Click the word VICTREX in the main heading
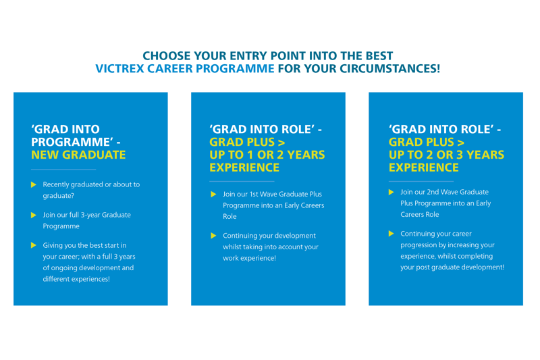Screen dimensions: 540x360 click(119, 68)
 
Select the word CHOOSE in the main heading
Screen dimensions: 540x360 click(167, 56)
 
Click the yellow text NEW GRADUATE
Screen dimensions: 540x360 click(78, 155)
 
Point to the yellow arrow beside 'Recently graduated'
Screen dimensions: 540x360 click(33, 184)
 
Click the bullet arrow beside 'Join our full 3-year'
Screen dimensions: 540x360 click(33, 215)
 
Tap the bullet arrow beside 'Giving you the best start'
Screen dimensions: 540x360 click(33, 245)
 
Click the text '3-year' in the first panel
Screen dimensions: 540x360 click(90, 215)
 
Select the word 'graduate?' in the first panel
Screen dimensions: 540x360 click(59, 196)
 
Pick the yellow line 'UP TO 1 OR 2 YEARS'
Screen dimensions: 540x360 click(267, 155)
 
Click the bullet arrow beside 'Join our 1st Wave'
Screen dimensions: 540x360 click(213, 195)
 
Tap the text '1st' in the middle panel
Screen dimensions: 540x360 click(254, 195)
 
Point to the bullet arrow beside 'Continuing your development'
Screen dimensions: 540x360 click(213, 236)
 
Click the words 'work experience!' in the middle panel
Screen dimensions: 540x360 click(249, 258)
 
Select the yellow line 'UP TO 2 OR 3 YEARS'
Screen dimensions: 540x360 click(446, 155)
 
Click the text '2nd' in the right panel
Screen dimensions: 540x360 click(433, 192)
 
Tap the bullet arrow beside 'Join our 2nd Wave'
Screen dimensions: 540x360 click(391, 192)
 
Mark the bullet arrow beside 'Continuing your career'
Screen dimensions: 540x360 click(391, 234)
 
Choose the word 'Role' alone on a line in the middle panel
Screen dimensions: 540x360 click(230, 216)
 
